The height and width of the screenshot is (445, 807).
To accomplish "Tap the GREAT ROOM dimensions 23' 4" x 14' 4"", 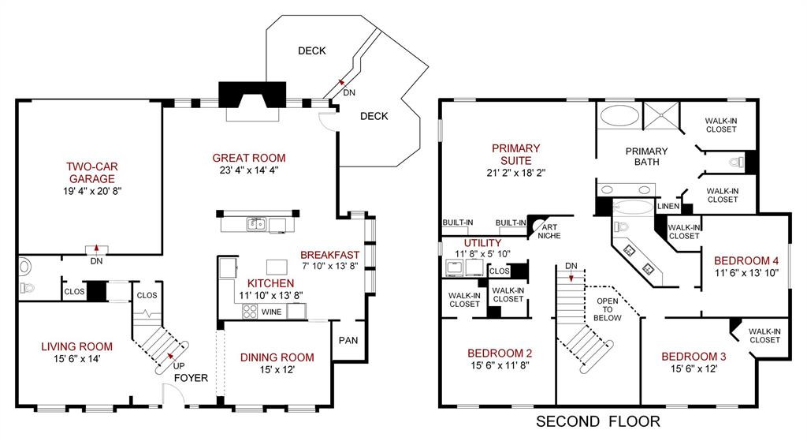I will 249,170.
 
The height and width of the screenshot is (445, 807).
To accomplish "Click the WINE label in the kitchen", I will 271,312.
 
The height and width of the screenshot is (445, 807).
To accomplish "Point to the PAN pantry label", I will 348,341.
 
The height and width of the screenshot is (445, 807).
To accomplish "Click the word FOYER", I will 190,378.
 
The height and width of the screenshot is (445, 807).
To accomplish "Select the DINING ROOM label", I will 277,357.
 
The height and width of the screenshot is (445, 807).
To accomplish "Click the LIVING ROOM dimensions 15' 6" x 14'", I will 76,359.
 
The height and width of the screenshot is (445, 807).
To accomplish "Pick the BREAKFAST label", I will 329,255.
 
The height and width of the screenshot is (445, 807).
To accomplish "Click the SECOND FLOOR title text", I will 598,421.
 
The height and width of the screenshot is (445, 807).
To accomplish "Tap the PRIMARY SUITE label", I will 515,154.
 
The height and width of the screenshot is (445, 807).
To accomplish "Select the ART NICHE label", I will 549,230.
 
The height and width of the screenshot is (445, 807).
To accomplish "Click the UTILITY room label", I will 482,242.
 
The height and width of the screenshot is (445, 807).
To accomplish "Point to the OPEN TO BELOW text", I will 607,309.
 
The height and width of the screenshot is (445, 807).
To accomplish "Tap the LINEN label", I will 668,207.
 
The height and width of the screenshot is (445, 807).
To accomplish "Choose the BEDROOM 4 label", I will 746,260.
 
